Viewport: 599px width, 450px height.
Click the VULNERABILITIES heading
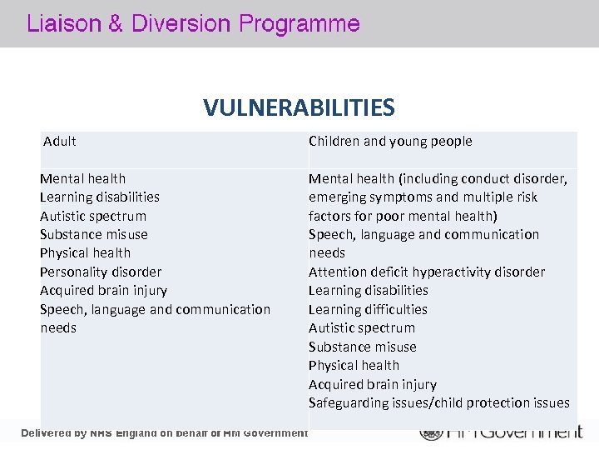click(299, 107)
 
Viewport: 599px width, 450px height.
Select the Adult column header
click(59, 142)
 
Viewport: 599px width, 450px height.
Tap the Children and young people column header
click(390, 142)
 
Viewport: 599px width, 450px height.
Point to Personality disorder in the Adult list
click(101, 272)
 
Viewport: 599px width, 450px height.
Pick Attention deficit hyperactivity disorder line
click(427, 272)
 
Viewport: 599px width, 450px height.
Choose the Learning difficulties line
click(368, 309)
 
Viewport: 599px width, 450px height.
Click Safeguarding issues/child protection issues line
click(439, 403)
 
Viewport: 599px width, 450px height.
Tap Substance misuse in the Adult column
click(94, 234)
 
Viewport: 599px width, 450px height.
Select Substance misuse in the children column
click(362, 347)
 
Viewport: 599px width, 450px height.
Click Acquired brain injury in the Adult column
click(103, 291)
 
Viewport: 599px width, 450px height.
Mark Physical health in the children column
click(354, 365)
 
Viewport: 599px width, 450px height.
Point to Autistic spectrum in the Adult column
click(93, 216)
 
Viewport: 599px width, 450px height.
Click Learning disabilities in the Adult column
click(100, 197)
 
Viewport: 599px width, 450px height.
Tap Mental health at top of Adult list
click(83, 178)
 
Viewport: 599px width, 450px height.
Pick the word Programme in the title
click(299, 24)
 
